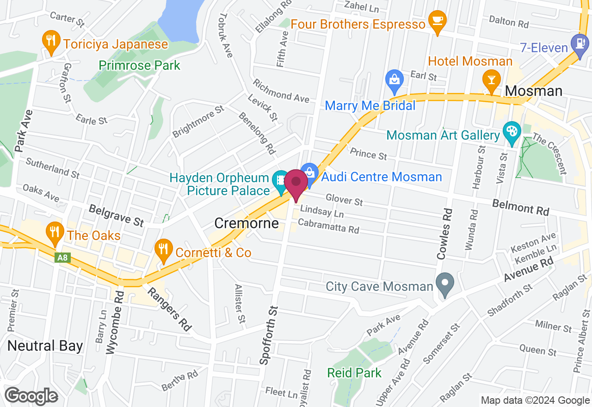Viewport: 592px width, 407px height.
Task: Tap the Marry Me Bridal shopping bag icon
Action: (x=394, y=80)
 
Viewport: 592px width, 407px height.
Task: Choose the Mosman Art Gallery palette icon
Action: (x=512, y=131)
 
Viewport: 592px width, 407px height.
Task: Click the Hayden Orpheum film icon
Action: (x=280, y=180)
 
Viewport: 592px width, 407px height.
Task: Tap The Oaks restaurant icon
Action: (x=55, y=231)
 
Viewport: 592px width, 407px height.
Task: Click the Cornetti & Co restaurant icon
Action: (x=163, y=249)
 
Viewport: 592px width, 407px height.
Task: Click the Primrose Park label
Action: (x=139, y=65)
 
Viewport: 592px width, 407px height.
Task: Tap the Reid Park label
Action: (x=354, y=373)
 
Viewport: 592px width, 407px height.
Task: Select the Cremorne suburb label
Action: (x=247, y=224)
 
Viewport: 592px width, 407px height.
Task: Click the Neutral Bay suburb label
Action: (x=45, y=345)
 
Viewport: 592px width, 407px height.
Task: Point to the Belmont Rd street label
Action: (x=520, y=208)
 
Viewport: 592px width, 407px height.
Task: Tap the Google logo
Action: (x=31, y=396)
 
